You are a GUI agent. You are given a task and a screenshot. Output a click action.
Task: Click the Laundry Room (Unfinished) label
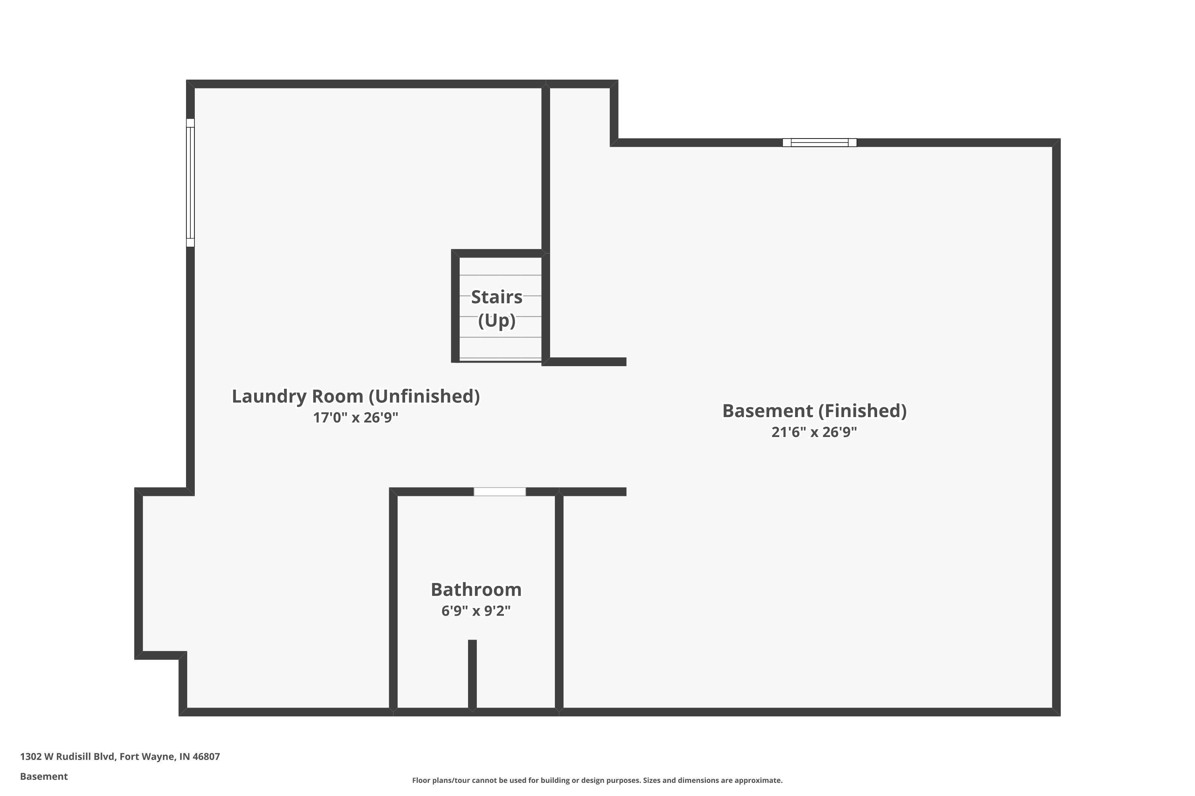pos(356,396)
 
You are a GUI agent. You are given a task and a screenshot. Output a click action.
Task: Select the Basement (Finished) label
pos(815,411)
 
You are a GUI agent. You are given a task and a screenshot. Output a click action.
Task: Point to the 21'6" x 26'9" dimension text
pos(815,432)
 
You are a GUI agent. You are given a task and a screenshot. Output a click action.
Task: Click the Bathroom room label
pos(476,589)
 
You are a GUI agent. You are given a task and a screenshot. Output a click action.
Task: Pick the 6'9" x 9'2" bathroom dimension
pos(476,611)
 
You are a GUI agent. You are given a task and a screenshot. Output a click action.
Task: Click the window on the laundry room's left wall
pos(190,183)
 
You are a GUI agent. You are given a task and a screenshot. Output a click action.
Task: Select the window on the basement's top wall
pos(819,142)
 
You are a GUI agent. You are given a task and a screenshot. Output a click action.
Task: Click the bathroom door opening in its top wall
pos(500,492)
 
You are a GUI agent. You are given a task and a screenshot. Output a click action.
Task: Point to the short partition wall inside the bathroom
pos(472,675)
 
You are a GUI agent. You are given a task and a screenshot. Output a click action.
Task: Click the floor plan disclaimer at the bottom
pos(597,780)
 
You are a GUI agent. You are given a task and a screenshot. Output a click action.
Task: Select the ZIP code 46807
pos(206,757)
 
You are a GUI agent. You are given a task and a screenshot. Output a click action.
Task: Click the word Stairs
pos(497,297)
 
